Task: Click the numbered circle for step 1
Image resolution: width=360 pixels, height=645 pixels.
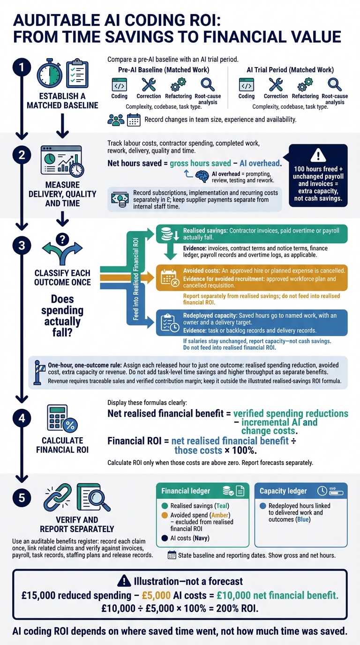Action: point(22,67)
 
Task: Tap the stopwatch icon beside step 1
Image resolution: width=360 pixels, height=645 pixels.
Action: point(50,74)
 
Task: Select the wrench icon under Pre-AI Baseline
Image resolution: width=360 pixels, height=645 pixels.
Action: point(149,85)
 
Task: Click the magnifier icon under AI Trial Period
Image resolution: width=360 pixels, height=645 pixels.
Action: point(334,85)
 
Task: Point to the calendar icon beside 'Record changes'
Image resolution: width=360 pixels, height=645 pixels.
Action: point(134,120)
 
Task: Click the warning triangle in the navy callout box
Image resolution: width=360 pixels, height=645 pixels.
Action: point(318,156)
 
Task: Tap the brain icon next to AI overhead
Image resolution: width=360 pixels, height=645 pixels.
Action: point(202,176)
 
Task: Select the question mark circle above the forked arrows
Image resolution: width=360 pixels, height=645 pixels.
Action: point(62,239)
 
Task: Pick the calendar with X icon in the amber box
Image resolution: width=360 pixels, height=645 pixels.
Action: point(170,278)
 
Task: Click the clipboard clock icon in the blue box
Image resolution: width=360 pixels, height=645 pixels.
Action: point(170,323)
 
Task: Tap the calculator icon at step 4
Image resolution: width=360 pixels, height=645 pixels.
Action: point(58,417)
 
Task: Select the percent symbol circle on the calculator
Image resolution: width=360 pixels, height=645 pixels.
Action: point(70,425)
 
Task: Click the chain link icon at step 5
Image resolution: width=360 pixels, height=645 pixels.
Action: point(58,496)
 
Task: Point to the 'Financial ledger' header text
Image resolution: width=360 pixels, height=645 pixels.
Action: point(186,491)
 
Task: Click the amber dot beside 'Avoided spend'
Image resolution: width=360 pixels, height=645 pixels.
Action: point(165,515)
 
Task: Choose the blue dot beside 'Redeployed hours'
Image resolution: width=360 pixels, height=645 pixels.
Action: point(262,506)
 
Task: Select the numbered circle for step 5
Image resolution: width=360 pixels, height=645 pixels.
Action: point(22,498)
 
